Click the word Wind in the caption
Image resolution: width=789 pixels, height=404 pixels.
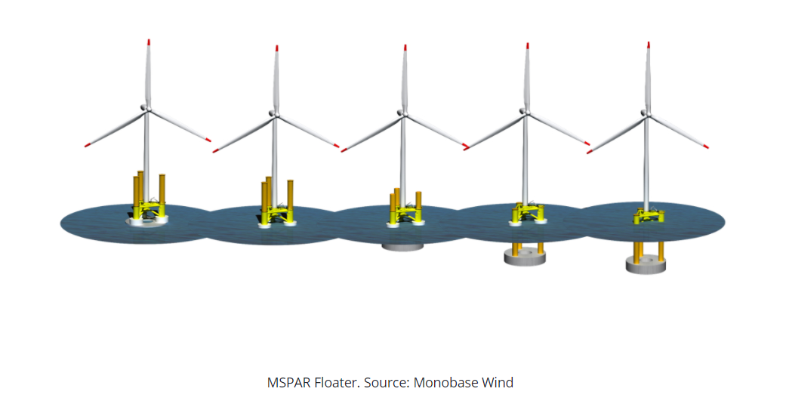click(498, 383)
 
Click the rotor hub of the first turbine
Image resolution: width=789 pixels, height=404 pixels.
click(146, 108)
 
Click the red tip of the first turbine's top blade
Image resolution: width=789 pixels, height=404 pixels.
click(149, 42)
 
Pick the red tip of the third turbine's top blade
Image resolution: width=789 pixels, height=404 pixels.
click(405, 48)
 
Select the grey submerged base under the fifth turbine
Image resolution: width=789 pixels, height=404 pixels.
click(646, 264)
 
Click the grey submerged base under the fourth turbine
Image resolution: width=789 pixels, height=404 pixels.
click(525, 256)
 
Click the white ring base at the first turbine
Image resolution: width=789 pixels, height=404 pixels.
click(146, 219)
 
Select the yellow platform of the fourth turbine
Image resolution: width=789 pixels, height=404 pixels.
click(528, 213)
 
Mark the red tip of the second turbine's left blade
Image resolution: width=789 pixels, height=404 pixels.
click(215, 150)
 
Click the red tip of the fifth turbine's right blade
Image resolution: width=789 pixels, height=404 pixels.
click(706, 146)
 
